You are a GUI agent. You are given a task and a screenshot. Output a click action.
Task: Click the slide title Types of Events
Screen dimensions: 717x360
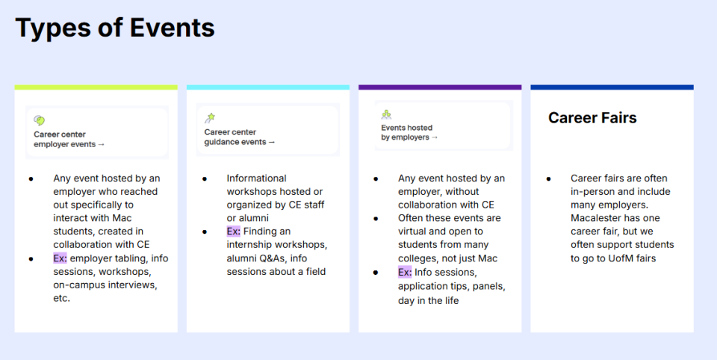[x=115, y=28]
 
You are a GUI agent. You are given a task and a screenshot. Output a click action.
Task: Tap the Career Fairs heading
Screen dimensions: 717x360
[x=592, y=118]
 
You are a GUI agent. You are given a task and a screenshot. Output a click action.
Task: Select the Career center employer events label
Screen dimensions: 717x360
[x=69, y=139]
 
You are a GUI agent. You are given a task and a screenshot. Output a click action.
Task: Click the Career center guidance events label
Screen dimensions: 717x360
[x=240, y=137]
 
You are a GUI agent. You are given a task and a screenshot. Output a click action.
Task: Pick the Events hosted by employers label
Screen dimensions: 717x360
[x=409, y=132]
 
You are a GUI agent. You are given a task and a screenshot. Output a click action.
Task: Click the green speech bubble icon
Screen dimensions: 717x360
[x=40, y=120]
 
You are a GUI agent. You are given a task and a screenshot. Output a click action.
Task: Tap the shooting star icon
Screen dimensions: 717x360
[x=210, y=118]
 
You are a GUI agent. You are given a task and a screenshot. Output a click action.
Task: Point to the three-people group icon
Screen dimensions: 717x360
[x=386, y=114]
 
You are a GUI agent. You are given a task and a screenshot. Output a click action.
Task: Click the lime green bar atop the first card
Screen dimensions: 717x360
[x=96, y=87]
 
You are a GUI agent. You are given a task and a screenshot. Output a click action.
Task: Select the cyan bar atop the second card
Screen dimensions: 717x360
[x=268, y=87]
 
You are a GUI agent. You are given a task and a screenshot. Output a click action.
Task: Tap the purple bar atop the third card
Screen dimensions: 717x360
[x=440, y=87]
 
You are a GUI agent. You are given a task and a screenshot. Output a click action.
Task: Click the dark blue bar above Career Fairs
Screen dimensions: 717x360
[x=612, y=87]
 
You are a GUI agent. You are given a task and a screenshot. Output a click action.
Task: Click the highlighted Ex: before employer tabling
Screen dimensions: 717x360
[x=60, y=258]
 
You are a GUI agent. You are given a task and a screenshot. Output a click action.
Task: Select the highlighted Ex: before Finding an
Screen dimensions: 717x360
[x=233, y=232]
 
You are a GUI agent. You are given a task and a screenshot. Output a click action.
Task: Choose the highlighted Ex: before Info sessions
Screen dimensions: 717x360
[x=405, y=273]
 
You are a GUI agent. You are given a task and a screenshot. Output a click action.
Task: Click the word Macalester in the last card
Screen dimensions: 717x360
[x=592, y=218]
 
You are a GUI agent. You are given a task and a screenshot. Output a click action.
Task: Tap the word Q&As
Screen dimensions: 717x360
[x=274, y=258]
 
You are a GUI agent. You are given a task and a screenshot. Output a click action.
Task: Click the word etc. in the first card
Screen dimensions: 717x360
[x=62, y=298]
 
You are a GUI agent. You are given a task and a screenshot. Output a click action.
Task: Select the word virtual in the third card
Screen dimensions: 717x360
[x=412, y=232]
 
